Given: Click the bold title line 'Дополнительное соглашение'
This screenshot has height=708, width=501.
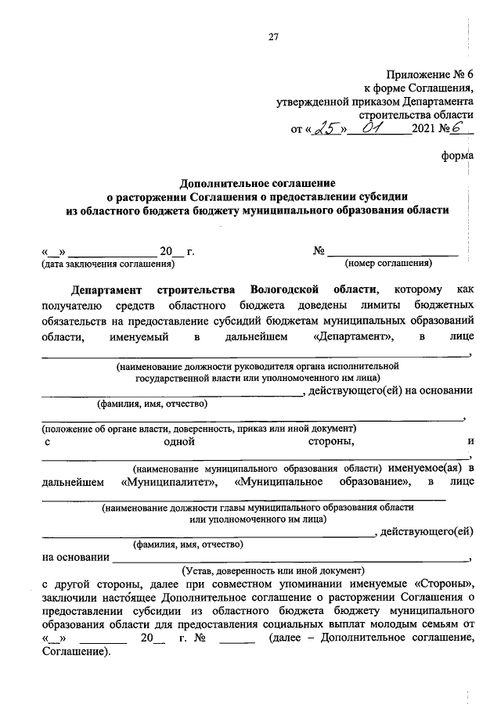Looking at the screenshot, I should [x=258, y=182].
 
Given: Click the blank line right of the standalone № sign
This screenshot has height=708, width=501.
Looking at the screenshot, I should [x=392, y=252].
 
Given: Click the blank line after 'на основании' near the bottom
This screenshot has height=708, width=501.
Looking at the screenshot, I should [x=290, y=557].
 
